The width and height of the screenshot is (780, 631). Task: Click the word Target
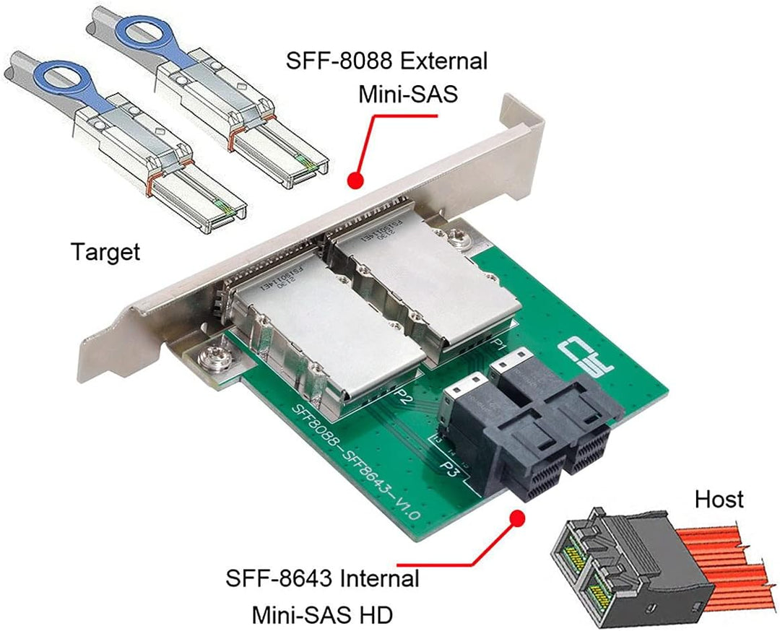click(105, 252)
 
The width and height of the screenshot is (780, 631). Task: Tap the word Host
click(719, 498)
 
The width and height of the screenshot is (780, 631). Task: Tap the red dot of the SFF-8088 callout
click(354, 179)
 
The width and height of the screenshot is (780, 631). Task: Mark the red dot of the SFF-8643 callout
click(517, 517)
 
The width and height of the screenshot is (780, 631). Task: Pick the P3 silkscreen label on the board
click(448, 470)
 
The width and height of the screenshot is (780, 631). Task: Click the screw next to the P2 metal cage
click(215, 355)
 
